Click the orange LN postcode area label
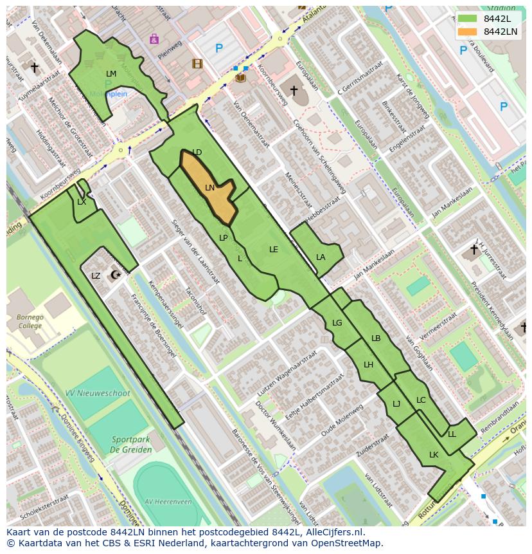point(209,188)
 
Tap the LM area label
point(111,74)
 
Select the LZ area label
point(96,276)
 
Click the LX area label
point(82,202)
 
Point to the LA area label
point(321,257)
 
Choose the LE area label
point(274,249)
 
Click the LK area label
point(434,455)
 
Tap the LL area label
point(452,434)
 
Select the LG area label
point(337,323)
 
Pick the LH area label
point(368,365)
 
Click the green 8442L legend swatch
point(468,19)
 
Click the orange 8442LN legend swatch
point(468,32)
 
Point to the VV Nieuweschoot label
point(98,393)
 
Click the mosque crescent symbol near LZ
point(116,275)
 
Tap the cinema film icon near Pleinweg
point(197,64)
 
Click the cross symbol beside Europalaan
point(294,91)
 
